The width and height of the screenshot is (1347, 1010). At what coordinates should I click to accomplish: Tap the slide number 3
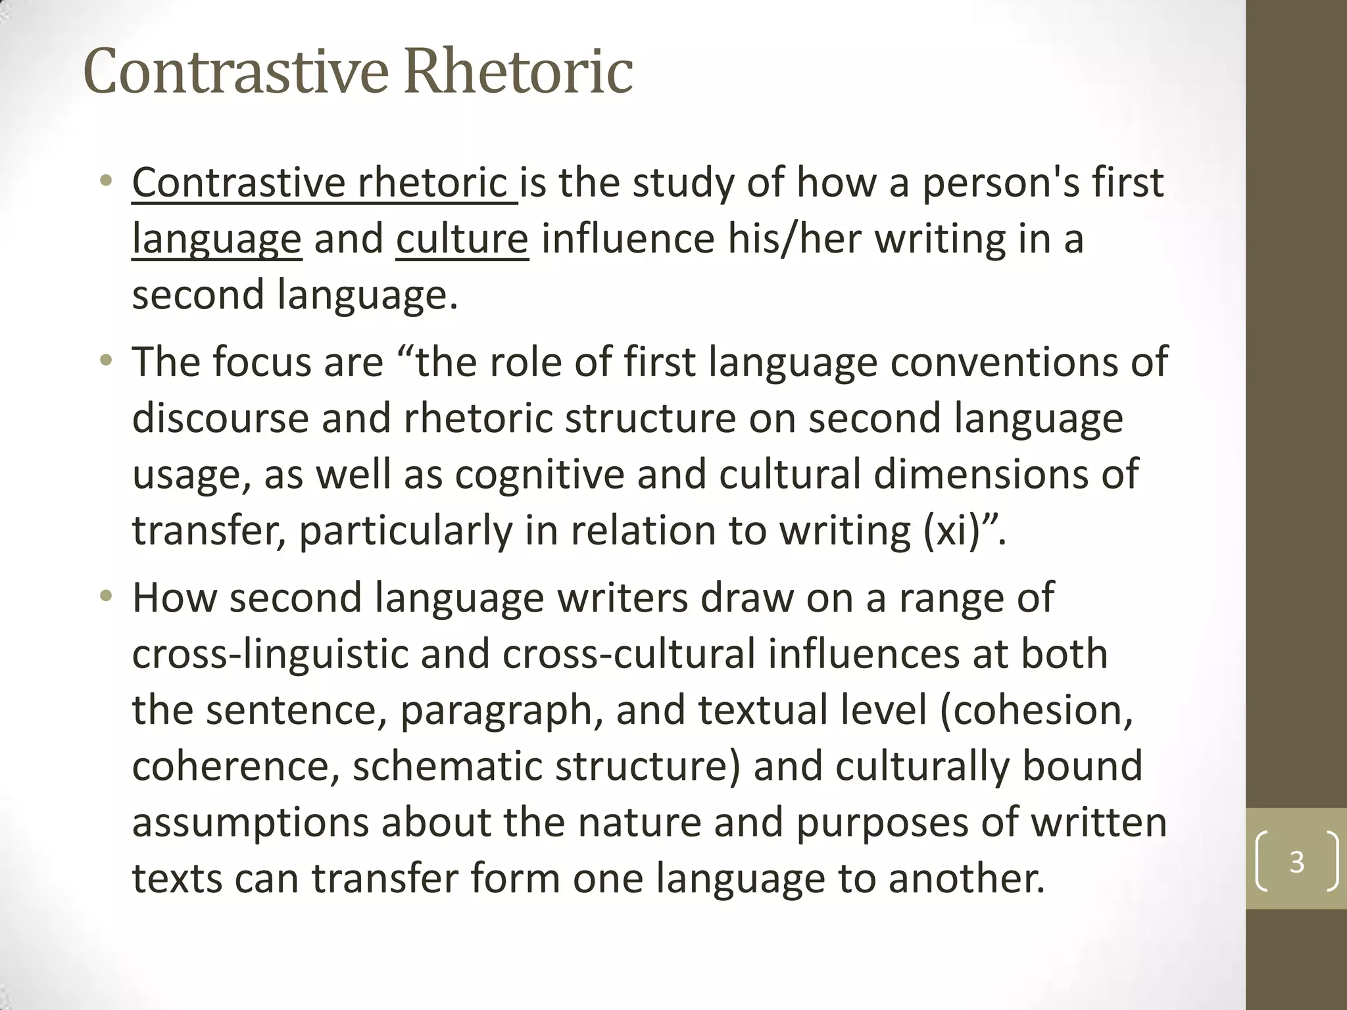[1296, 861]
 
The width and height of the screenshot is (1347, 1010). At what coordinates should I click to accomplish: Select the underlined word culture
[462, 239]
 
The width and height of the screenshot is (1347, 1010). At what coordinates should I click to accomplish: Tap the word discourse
[220, 418]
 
